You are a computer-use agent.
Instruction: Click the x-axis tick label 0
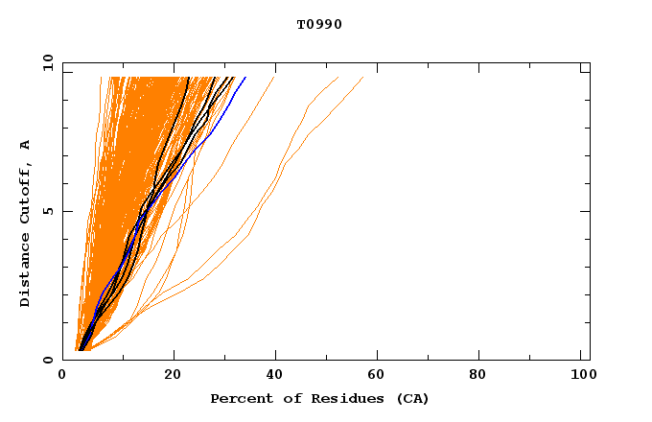tap(62, 375)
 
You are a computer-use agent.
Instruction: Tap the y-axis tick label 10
tap(46, 63)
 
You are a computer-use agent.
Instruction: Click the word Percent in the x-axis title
tap(238, 398)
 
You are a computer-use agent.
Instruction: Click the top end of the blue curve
tap(245, 77)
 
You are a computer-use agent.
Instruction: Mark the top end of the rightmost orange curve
tap(363, 77)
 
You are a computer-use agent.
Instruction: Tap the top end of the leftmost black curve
tap(189, 77)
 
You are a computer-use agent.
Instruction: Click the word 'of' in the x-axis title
tap(287, 398)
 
